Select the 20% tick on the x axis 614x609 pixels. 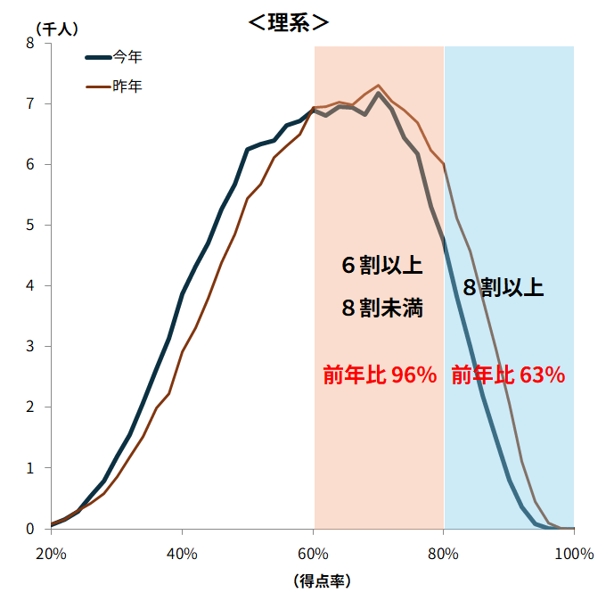51,554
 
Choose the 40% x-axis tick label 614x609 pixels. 182,554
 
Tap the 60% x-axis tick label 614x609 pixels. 313,554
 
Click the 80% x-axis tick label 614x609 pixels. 443,554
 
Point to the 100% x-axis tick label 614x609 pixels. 574,554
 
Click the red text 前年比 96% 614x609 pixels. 380,375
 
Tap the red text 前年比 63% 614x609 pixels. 508,375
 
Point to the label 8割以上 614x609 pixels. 503,287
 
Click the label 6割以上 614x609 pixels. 381,266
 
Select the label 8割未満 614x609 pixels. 381,309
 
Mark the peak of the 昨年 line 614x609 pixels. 379,86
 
